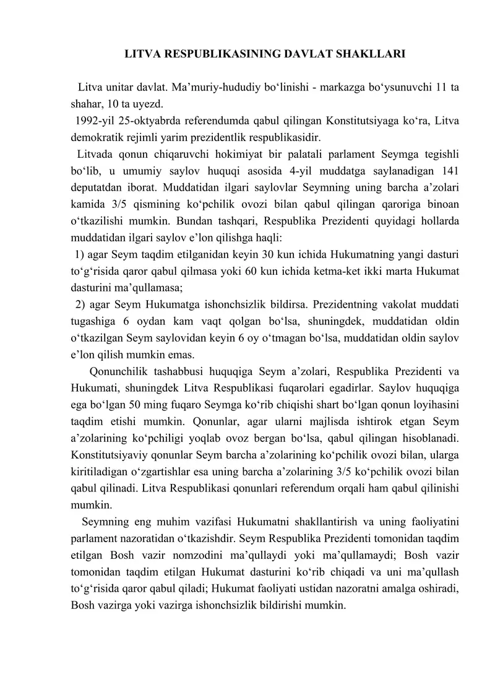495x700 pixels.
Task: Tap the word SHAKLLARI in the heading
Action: (374, 54)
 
